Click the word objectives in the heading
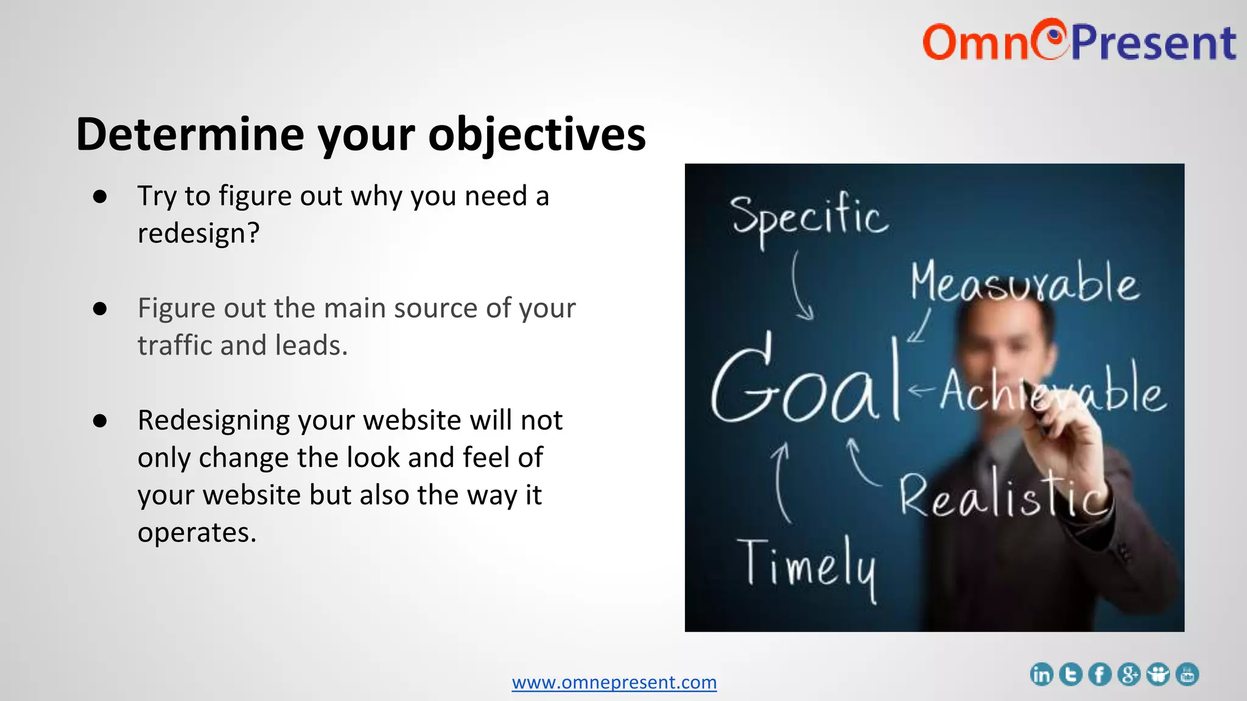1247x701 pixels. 536,134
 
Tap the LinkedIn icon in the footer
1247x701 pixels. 1041,674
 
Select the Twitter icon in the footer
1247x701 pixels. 1070,674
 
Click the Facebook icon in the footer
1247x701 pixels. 1100,674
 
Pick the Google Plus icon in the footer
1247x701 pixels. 1129,674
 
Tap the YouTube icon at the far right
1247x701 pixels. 1187,674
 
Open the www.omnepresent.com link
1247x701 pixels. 614,682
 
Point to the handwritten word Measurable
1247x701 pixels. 1024,283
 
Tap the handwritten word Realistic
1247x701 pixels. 1002,496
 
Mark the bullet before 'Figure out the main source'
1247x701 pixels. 100,309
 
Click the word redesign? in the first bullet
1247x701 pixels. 198,233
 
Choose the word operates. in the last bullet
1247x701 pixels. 197,532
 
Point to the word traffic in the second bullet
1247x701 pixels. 175,346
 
